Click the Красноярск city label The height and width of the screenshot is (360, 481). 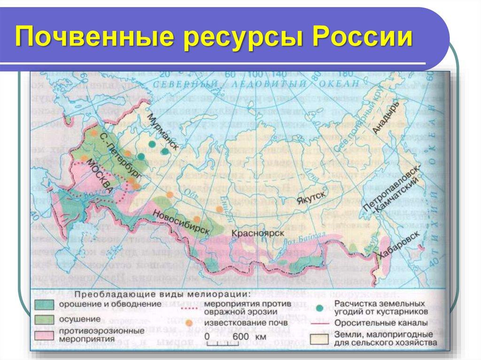(257, 233)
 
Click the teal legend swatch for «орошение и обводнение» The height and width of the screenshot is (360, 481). (45, 305)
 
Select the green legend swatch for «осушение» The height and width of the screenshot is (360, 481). (45, 320)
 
